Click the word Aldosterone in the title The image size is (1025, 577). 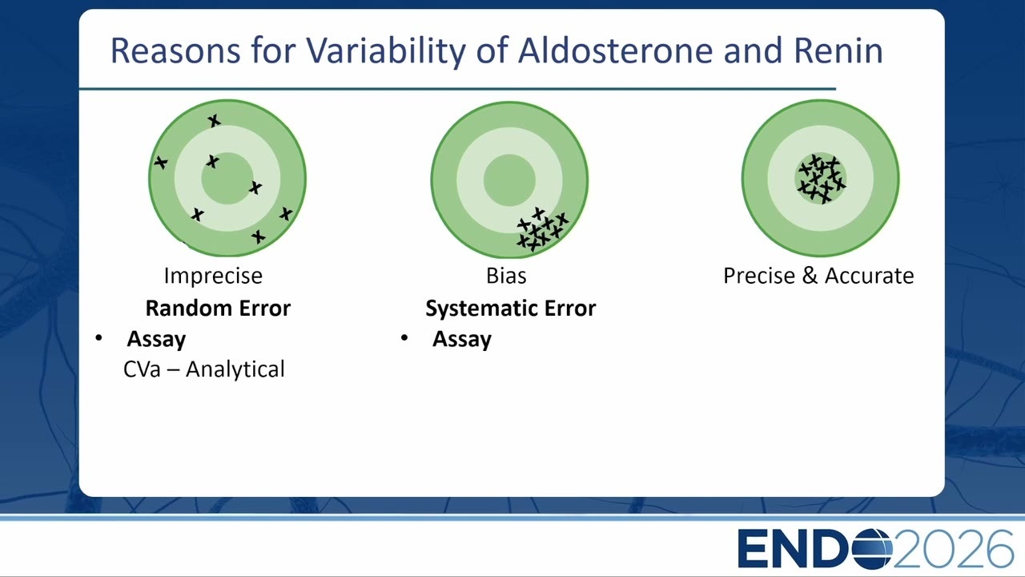[616, 50]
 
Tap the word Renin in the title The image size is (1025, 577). [838, 50]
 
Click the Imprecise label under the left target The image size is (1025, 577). [213, 276]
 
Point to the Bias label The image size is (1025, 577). [506, 276]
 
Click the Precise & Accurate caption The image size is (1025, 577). [818, 276]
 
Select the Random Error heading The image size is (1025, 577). [218, 309]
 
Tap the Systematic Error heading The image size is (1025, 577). [511, 309]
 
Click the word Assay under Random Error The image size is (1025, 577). [156, 340]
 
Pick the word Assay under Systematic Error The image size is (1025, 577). [462, 340]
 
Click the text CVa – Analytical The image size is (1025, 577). [204, 369]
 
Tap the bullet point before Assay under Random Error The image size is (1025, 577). [98, 338]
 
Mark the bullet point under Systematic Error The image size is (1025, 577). [404, 338]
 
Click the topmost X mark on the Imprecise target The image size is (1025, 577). [214, 121]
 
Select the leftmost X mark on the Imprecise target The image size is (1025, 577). [161, 162]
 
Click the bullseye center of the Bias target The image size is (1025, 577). [509, 180]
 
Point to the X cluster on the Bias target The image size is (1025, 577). [542, 229]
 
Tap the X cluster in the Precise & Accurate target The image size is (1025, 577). [822, 179]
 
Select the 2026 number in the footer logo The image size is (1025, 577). [953, 549]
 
